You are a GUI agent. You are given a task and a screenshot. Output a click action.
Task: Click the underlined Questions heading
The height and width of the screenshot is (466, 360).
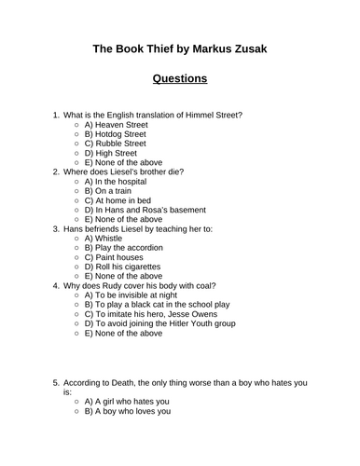pos(180,79)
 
